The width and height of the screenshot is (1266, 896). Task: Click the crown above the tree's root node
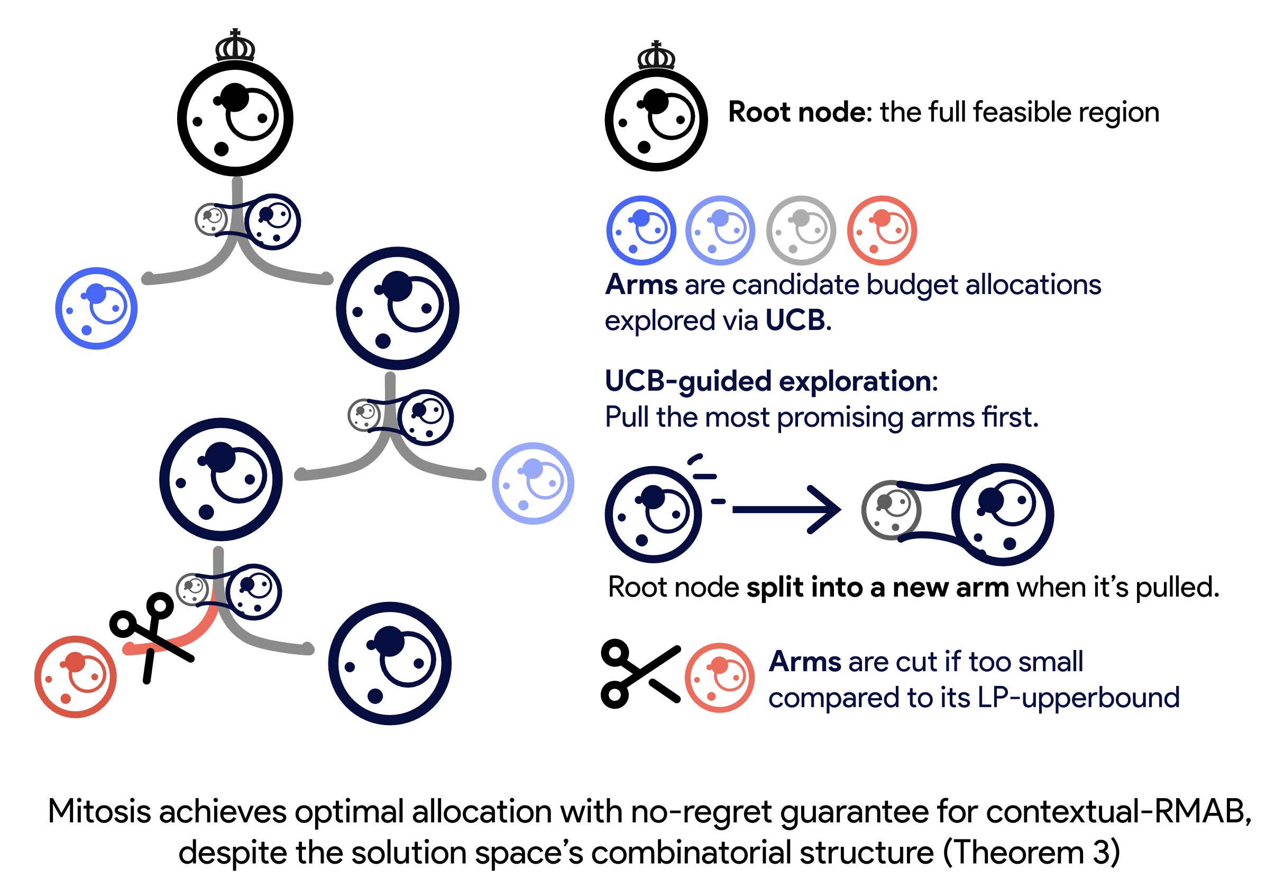coord(235,47)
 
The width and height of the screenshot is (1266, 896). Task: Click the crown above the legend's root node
coord(656,56)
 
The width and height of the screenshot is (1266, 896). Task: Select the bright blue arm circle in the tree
coord(96,308)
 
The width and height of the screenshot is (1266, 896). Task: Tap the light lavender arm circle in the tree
coord(533,483)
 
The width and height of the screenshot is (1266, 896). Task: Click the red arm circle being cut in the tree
coord(75,677)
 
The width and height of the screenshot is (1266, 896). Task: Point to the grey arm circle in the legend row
coord(801,231)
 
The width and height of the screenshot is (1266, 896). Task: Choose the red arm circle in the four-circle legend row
coord(882,231)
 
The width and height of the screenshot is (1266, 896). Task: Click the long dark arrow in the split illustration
coord(786,510)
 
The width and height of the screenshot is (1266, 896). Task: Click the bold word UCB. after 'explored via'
coord(798,321)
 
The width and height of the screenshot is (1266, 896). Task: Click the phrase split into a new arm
coord(877,587)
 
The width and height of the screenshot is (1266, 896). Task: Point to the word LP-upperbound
coord(1078,698)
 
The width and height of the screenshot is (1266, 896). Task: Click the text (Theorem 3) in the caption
coord(1031,853)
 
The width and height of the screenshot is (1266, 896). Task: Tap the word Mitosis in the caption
coord(99,811)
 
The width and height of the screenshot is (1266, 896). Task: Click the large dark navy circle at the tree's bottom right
coord(389,663)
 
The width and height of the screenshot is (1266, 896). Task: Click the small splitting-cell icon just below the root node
coord(248,221)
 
